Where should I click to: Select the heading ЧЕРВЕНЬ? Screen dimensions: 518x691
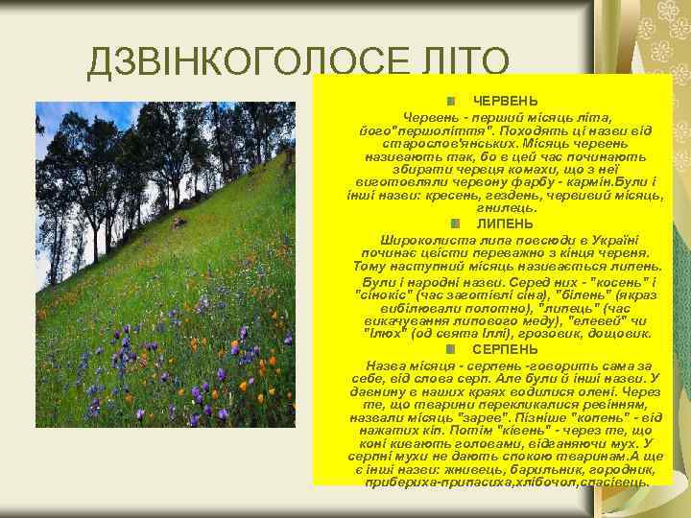pyautogui.click(x=506, y=101)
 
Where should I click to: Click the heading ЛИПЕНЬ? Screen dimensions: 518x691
pyautogui.click(x=506, y=224)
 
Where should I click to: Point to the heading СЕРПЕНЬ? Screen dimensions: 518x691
pyautogui.click(x=505, y=350)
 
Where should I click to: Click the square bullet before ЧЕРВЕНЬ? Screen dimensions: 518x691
pyautogui.click(x=450, y=101)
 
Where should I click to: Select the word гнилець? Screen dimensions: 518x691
pyautogui.click(x=506, y=208)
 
